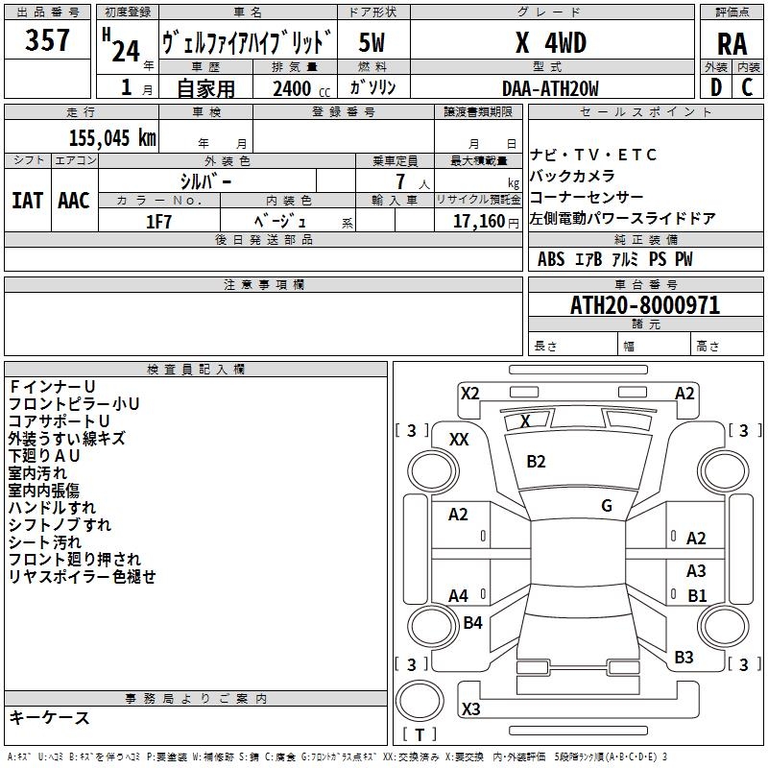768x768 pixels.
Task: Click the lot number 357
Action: (47, 41)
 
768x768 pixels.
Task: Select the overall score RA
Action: (732, 44)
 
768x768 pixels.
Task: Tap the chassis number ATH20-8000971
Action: (645, 305)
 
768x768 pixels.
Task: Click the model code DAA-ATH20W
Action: (550, 88)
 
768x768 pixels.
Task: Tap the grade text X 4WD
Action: (550, 43)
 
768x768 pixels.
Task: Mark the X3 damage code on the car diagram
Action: (470, 709)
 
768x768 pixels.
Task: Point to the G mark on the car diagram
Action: (607, 506)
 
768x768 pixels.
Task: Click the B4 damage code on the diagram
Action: (472, 623)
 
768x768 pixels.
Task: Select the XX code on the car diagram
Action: (459, 439)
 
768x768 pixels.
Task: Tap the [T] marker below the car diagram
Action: (420, 735)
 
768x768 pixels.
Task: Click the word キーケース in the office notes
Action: (49, 717)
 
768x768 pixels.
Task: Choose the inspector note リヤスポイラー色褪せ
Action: (82, 577)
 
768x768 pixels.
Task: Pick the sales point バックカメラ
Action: (572, 177)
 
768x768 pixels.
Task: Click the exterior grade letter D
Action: (715, 87)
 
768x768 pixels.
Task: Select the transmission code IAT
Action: (27, 200)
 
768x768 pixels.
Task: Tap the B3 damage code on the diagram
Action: (684, 658)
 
